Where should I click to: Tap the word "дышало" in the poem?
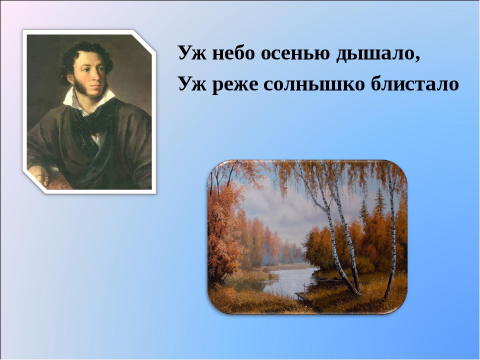(375, 53)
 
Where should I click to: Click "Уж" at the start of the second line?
(189, 84)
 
